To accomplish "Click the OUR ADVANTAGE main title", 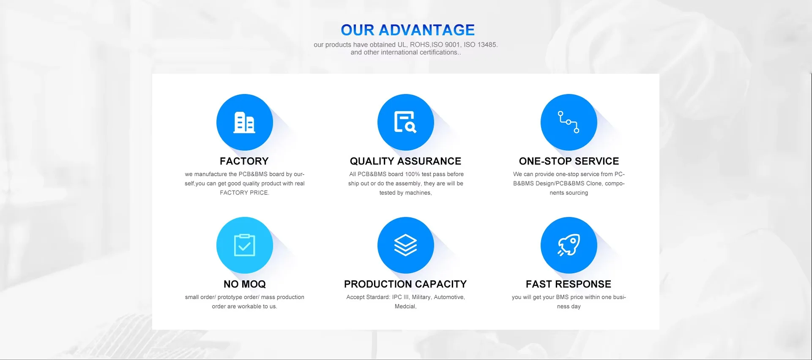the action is click(x=407, y=30).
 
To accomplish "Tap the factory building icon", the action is click(x=245, y=122).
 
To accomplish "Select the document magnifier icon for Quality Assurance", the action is click(x=405, y=122).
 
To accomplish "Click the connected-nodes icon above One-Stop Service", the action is click(x=569, y=122).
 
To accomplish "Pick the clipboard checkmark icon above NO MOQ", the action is click(x=245, y=245).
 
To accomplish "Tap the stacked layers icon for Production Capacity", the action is click(x=405, y=245).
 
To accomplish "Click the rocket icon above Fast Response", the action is click(x=569, y=245).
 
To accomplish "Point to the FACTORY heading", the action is click(x=244, y=161).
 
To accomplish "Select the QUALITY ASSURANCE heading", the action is click(x=405, y=161).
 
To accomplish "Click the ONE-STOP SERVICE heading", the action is click(x=569, y=161).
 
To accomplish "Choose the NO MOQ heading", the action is click(x=245, y=284).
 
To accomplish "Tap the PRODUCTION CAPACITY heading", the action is click(x=405, y=284).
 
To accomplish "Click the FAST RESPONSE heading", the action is click(x=569, y=284).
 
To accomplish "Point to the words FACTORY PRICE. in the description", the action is click(x=244, y=193).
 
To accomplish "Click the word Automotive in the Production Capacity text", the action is click(x=449, y=297).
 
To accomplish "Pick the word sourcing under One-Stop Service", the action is click(x=577, y=193).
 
